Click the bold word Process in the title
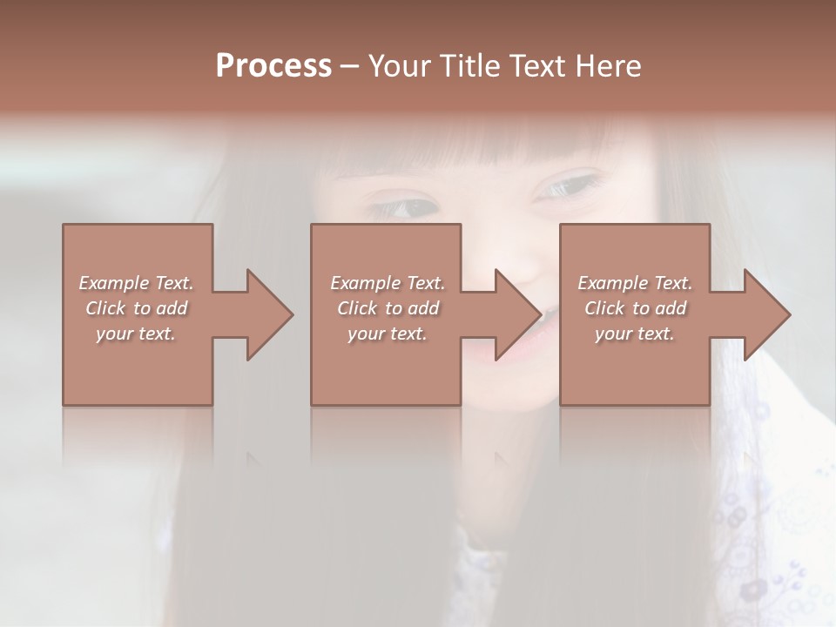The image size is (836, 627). click(273, 66)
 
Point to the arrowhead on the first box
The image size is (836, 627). click(266, 314)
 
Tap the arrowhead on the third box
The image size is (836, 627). click(765, 314)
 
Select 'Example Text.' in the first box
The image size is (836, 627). click(136, 283)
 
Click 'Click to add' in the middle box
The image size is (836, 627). click(388, 308)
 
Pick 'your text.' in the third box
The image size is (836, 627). click(635, 334)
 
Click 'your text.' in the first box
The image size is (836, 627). click(136, 334)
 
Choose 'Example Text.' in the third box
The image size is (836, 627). click(635, 283)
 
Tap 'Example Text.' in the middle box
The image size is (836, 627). click(388, 283)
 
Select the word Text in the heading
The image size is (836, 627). click(540, 66)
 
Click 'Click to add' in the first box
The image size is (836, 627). click(136, 308)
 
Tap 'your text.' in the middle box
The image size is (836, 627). click(388, 334)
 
